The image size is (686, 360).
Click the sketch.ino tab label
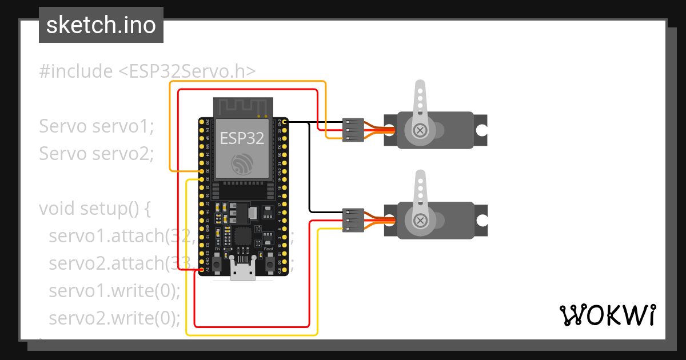coord(101,25)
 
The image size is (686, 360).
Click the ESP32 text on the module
coord(242,138)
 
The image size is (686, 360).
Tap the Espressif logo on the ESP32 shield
coord(242,165)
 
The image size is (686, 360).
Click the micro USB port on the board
coord(242,270)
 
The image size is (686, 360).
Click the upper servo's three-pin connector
coord(353,130)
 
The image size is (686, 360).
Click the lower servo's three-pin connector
coord(353,220)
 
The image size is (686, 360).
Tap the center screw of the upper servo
coord(421,130)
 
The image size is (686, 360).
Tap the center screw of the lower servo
coord(421,221)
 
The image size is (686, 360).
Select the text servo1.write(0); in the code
coord(114,290)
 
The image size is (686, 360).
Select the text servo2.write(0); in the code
coord(114,318)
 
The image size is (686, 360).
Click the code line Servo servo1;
coord(97,126)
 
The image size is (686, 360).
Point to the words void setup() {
coord(94,209)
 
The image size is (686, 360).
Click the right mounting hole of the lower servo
coord(481,221)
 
